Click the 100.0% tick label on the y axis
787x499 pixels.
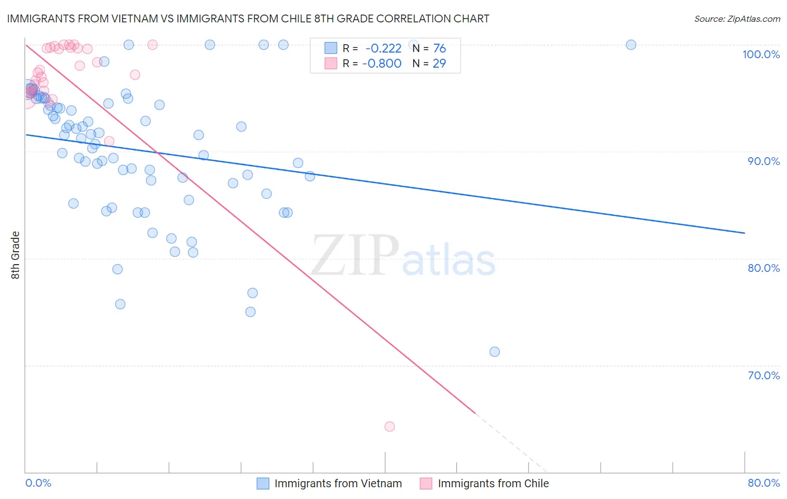point(761,54)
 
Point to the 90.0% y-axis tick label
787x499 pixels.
point(763,161)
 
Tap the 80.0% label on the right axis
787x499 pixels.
point(763,268)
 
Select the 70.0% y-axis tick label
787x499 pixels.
point(763,375)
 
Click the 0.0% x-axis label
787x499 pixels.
point(38,483)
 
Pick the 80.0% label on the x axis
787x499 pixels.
point(763,483)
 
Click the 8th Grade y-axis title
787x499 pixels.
point(15,255)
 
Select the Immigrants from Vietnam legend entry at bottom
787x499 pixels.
point(338,483)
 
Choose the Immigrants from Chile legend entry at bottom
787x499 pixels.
point(493,483)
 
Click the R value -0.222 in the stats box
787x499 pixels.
point(383,49)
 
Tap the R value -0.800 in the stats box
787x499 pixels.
point(382,63)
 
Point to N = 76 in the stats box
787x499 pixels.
point(429,49)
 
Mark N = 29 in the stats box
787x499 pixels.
point(429,63)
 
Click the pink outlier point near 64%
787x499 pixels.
point(390,426)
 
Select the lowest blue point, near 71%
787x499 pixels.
point(494,352)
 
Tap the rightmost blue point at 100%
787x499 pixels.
point(631,45)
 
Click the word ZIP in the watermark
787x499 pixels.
point(355,255)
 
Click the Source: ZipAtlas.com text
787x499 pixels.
point(737,19)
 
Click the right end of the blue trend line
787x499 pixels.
point(744,233)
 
